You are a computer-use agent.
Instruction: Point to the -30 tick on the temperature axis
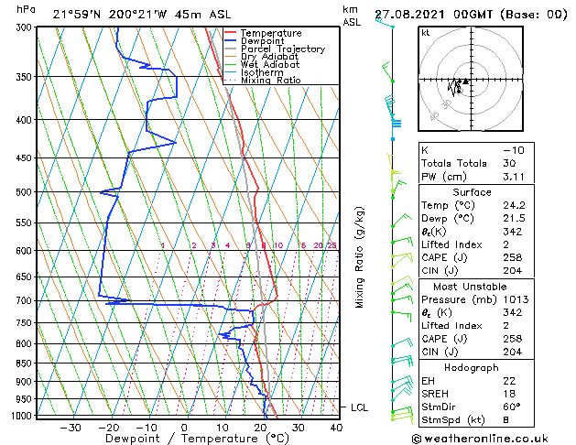(x=71, y=427)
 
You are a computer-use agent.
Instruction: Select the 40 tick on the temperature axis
(x=336, y=427)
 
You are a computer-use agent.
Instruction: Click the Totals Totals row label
(x=451, y=163)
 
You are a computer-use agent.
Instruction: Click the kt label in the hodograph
(x=425, y=33)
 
